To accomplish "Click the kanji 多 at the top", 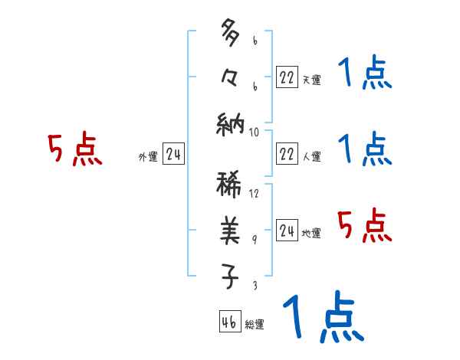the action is tap(230, 34).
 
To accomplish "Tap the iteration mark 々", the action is tap(230, 76).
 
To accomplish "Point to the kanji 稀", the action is tap(230, 186).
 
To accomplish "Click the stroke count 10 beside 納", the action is tap(255, 132).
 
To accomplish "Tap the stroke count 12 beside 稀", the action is tap(255, 193).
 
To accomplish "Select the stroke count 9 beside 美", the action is tap(255, 239).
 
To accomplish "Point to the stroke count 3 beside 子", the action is tap(255, 285).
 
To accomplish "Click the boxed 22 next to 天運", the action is tap(287, 77).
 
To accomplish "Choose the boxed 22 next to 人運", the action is tap(287, 154).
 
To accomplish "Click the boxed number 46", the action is tap(229, 322).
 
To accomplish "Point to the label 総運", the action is tap(255, 325).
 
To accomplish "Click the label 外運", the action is tap(148, 157).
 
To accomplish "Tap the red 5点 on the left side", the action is tap(75, 149).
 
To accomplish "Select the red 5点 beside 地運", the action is tap(364, 226).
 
